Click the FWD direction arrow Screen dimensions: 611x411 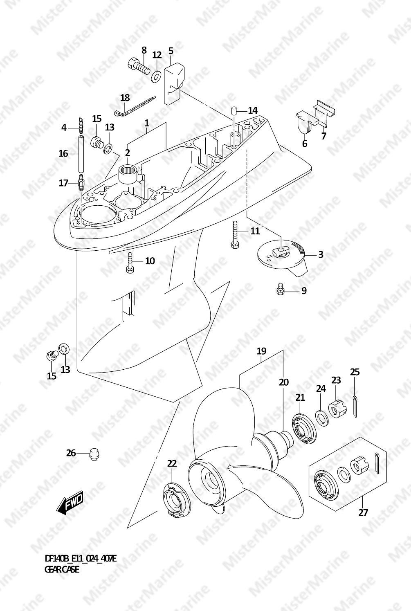pos(70,503)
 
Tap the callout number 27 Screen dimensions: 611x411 pos(363,512)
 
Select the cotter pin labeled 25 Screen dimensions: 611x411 pos(355,407)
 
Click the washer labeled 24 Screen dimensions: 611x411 pos(321,416)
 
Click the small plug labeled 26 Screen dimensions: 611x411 pos(94,454)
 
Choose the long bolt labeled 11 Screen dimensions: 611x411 pos(234,234)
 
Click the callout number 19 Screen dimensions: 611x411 pos(261,351)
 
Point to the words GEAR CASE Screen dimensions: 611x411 pos(62,569)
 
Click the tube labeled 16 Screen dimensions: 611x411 pos(81,153)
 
